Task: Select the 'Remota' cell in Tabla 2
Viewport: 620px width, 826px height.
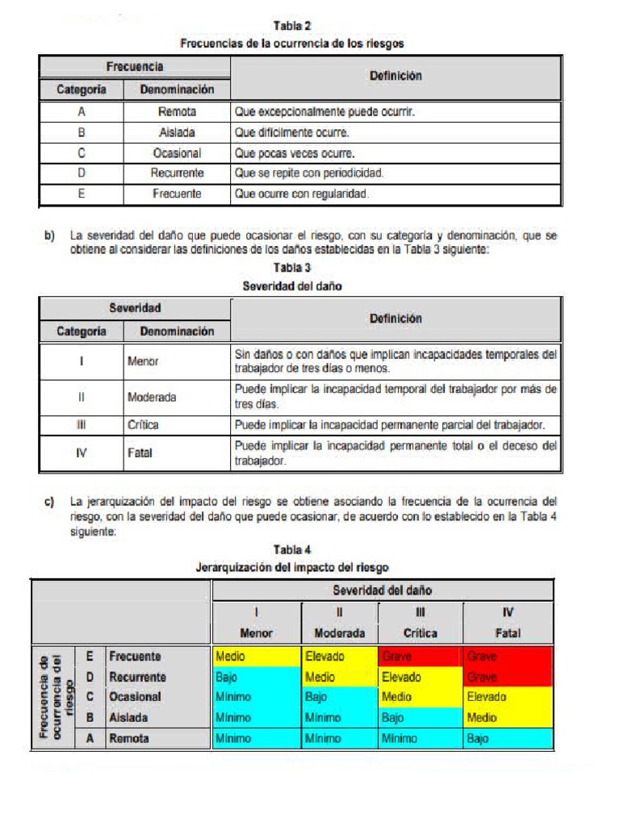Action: coord(177,112)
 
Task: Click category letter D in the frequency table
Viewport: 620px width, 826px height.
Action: coord(82,173)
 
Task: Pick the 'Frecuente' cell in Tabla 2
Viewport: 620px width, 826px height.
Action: coord(177,194)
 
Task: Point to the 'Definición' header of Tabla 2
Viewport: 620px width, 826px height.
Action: coord(396,77)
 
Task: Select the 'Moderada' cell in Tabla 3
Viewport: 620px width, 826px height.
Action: coord(152,397)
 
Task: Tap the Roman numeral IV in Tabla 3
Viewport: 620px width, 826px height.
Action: coord(82,453)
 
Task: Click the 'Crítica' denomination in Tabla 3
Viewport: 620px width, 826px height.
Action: coord(144,424)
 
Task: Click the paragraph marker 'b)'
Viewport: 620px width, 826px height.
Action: coord(50,236)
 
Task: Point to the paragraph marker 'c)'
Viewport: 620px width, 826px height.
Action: coord(50,502)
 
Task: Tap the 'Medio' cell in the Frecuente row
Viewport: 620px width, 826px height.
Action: coord(231,657)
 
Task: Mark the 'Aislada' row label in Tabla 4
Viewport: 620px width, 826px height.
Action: coord(128,717)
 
